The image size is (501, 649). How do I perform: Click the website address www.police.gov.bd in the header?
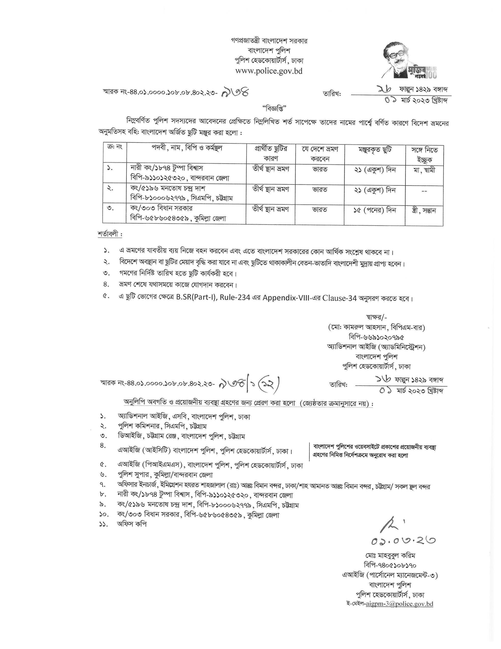click(269, 71)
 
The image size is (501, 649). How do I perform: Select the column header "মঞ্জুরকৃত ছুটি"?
click(375, 150)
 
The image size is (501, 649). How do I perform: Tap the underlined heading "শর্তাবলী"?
click(110, 234)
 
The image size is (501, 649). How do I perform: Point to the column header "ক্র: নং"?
click(114, 147)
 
